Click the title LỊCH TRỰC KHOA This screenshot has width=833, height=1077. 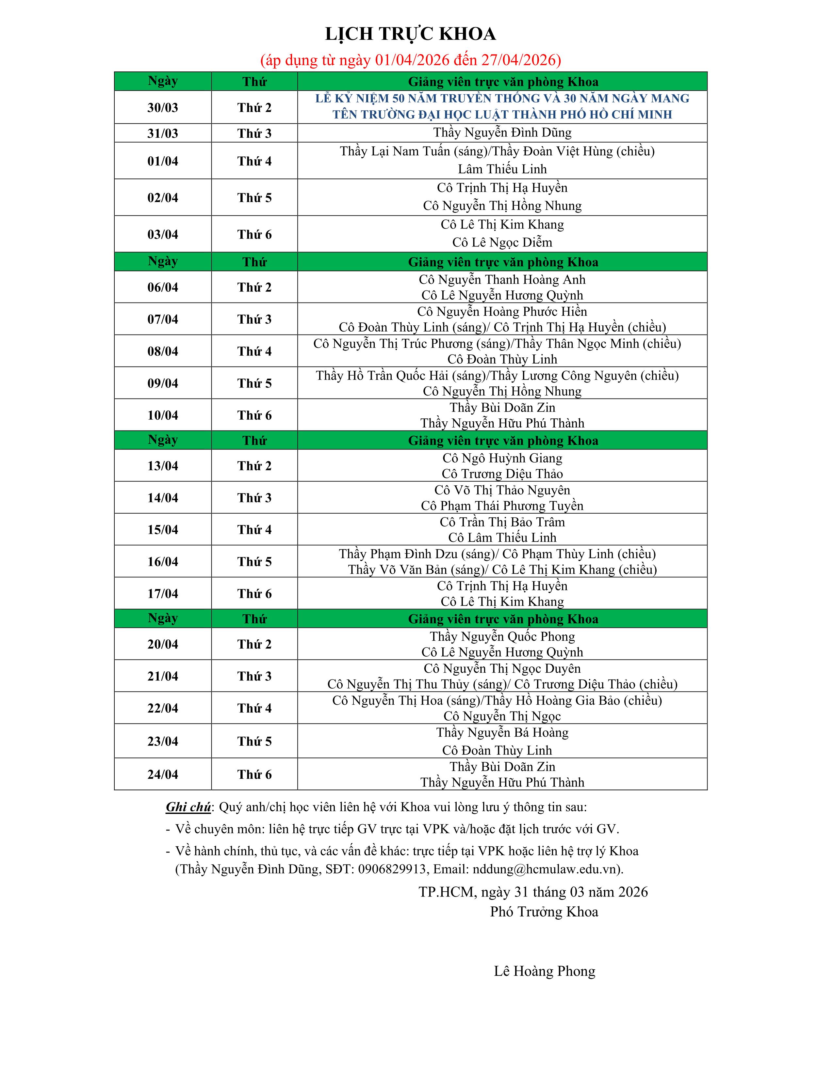(x=410, y=34)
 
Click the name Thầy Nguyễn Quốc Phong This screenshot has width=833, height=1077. (x=502, y=637)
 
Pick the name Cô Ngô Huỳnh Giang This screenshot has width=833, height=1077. (x=502, y=458)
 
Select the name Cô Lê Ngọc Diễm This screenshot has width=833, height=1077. (x=502, y=242)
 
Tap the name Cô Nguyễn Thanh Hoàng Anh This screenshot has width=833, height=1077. (x=502, y=280)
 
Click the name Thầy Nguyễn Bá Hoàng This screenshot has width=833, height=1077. (x=502, y=733)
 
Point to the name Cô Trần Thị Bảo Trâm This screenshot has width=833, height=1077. (x=502, y=522)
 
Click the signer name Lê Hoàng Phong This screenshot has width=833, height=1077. (x=544, y=972)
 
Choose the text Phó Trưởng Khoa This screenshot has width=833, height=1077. (x=544, y=912)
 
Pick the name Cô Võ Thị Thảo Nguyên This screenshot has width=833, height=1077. (x=502, y=490)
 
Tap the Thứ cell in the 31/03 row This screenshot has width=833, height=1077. (x=254, y=133)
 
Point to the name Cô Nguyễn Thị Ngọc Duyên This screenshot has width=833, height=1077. (x=502, y=669)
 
